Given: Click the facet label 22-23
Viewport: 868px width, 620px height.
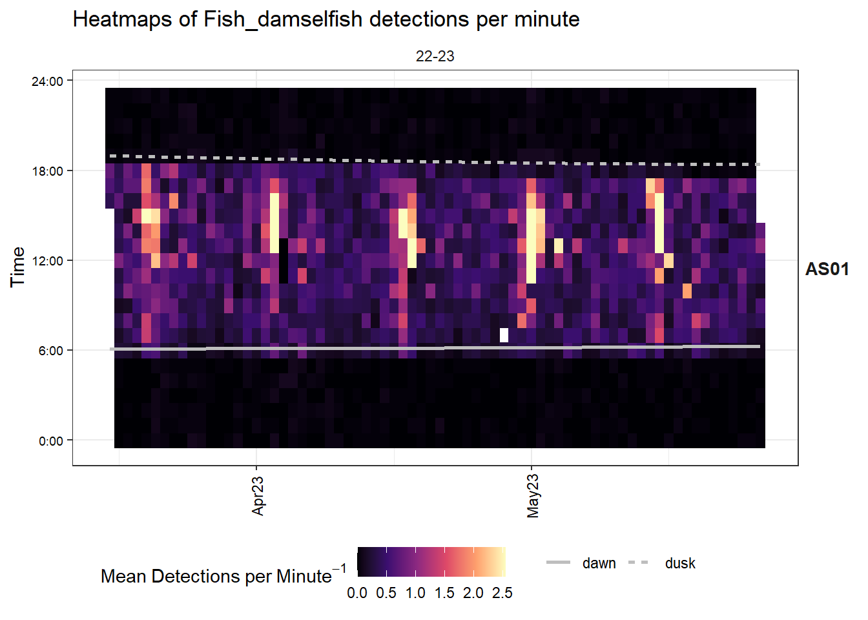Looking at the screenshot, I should tap(435, 56).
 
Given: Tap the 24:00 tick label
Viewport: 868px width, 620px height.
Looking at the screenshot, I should tap(47, 81).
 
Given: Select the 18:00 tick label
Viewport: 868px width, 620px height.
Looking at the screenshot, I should tap(47, 171).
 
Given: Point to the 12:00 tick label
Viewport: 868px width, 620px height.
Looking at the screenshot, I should tap(47, 261).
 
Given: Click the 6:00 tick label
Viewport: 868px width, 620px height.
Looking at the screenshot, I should tap(50, 351).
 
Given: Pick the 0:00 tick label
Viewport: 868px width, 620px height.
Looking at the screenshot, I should tap(50, 441).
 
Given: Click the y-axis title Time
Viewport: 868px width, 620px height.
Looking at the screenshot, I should tap(17, 267).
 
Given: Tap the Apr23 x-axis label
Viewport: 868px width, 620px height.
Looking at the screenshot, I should tap(258, 496).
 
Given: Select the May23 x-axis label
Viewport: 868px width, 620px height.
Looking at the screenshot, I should tap(533, 496).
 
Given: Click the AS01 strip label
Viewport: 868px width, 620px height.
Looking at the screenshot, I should tap(827, 269).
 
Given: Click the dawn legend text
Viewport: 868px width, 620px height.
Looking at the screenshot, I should tap(599, 563).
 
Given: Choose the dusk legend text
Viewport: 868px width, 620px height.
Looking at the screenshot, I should tap(680, 563).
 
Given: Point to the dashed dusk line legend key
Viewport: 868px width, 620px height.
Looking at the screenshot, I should tap(639, 563).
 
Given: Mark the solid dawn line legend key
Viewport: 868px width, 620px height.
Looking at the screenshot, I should tap(558, 563).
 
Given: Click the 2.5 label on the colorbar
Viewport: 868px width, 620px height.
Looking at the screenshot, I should tap(502, 593).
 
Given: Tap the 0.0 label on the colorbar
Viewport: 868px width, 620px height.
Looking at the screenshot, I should tap(357, 593).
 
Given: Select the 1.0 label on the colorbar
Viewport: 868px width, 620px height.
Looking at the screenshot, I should tap(415, 593).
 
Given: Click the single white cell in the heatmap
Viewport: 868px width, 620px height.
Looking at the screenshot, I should tap(504, 335).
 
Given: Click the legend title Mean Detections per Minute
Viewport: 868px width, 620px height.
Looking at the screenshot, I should tap(216, 576).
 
